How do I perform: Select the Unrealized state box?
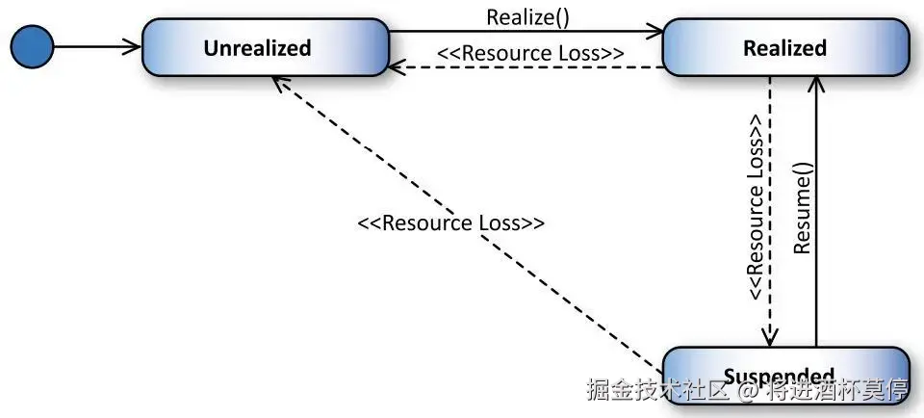tap(265, 48)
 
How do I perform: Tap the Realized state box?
tap(784, 48)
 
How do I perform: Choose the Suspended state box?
tap(784, 375)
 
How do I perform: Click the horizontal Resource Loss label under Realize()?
tap(529, 53)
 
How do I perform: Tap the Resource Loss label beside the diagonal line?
tap(450, 222)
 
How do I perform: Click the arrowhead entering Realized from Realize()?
tap(657, 32)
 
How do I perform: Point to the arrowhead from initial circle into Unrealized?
tap(134, 47)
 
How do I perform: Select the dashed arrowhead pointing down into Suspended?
tap(769, 337)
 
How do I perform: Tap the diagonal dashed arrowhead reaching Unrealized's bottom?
tap(278, 84)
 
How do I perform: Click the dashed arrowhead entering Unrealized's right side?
tap(396, 67)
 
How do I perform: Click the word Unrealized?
tap(257, 48)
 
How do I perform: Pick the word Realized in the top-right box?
tap(784, 48)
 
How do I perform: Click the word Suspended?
tap(778, 376)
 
